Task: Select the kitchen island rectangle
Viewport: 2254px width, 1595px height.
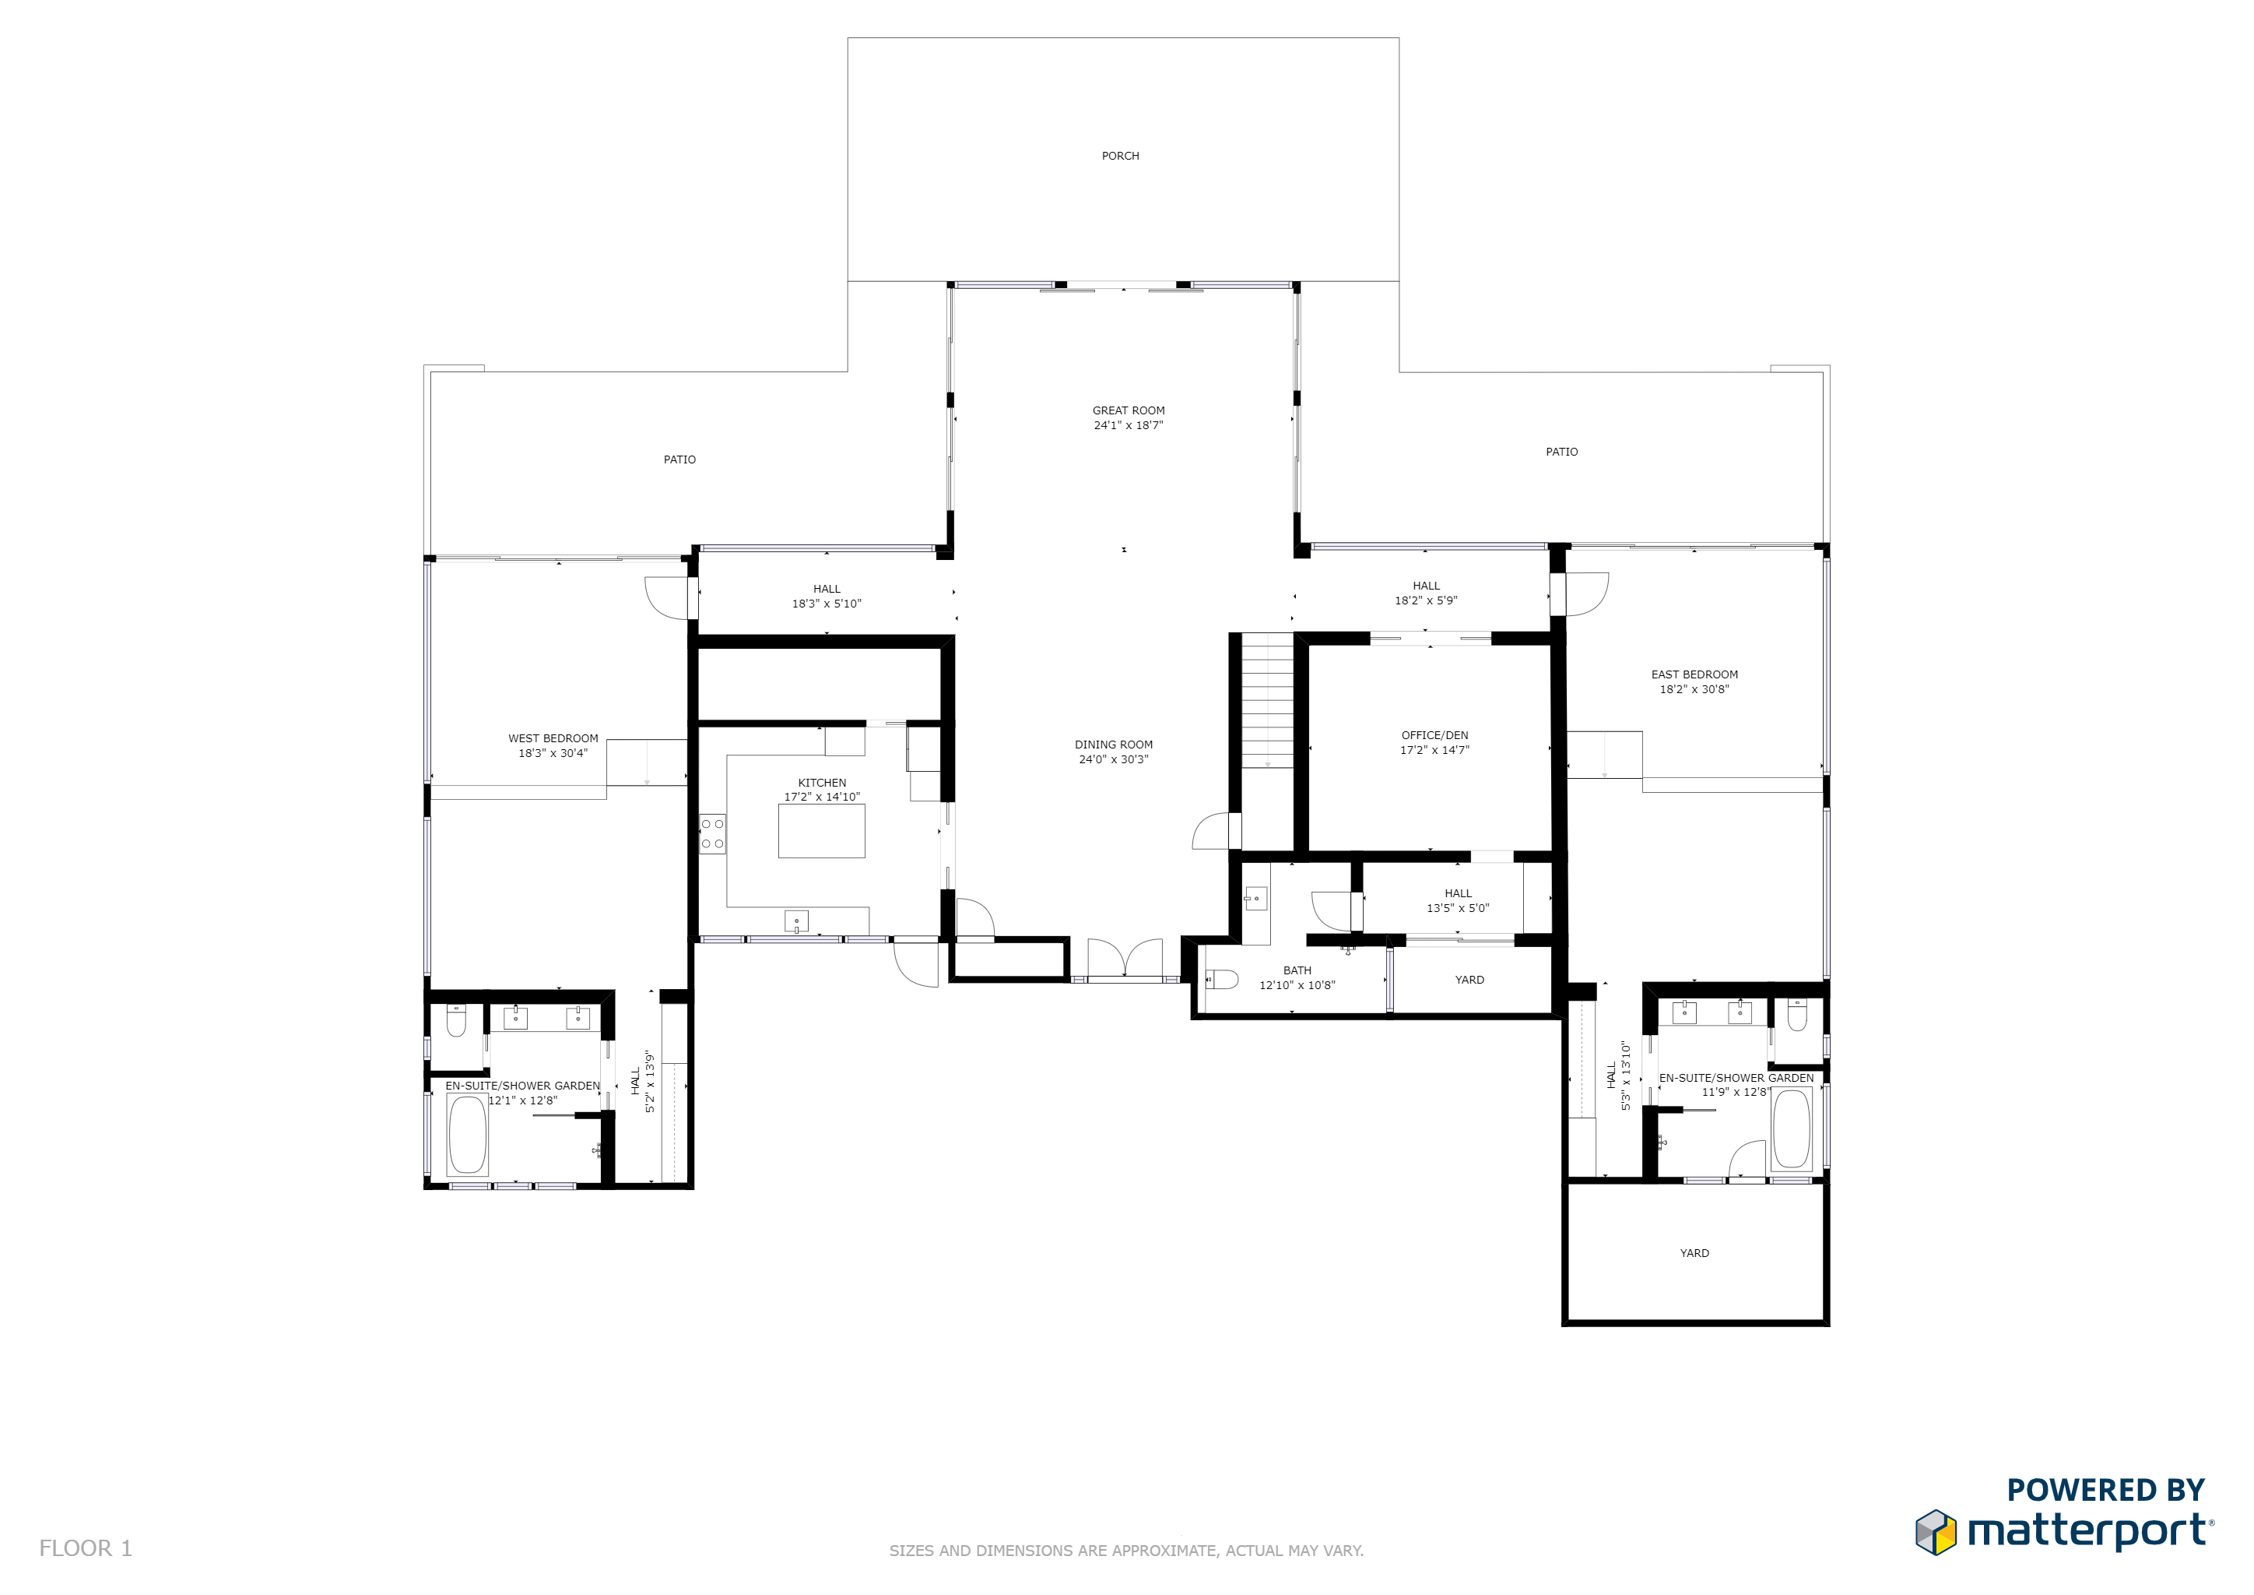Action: point(822,831)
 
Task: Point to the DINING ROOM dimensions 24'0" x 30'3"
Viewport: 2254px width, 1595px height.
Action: point(1113,759)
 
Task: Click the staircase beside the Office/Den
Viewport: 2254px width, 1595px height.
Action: point(1267,700)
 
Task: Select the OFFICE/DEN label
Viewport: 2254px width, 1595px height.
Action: point(1434,734)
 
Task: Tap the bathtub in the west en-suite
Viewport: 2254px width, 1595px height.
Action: point(467,1135)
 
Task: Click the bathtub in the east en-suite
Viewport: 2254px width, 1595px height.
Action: point(1791,1128)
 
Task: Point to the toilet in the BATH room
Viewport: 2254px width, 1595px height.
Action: point(1221,979)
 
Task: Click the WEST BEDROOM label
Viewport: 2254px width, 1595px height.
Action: point(553,738)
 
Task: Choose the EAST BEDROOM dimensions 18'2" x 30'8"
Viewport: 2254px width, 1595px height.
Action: point(1694,689)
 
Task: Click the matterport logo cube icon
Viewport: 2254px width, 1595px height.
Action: point(1936,1532)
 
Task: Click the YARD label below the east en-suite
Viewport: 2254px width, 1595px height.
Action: point(1694,1253)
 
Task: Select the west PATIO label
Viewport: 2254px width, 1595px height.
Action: point(679,459)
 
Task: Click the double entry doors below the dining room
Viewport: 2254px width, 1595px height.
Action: point(1125,959)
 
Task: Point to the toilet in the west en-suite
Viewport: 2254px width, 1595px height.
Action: point(457,1023)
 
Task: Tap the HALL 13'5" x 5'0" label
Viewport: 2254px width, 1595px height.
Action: point(1458,900)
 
